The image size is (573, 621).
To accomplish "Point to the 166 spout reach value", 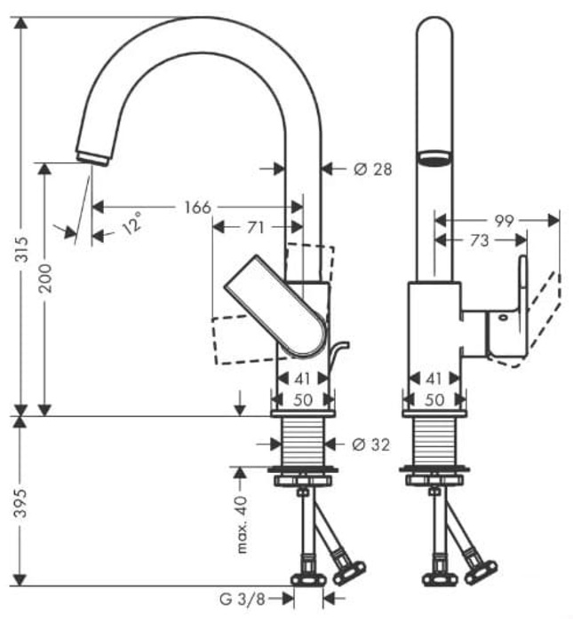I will click(197, 207).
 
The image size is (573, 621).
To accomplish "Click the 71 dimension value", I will click(255, 228).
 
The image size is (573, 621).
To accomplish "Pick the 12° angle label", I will click(131, 222).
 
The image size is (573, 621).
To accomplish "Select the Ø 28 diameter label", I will click(370, 168).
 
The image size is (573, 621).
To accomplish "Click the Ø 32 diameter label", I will click(370, 444).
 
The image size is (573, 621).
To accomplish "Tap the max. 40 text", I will click(242, 524).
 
